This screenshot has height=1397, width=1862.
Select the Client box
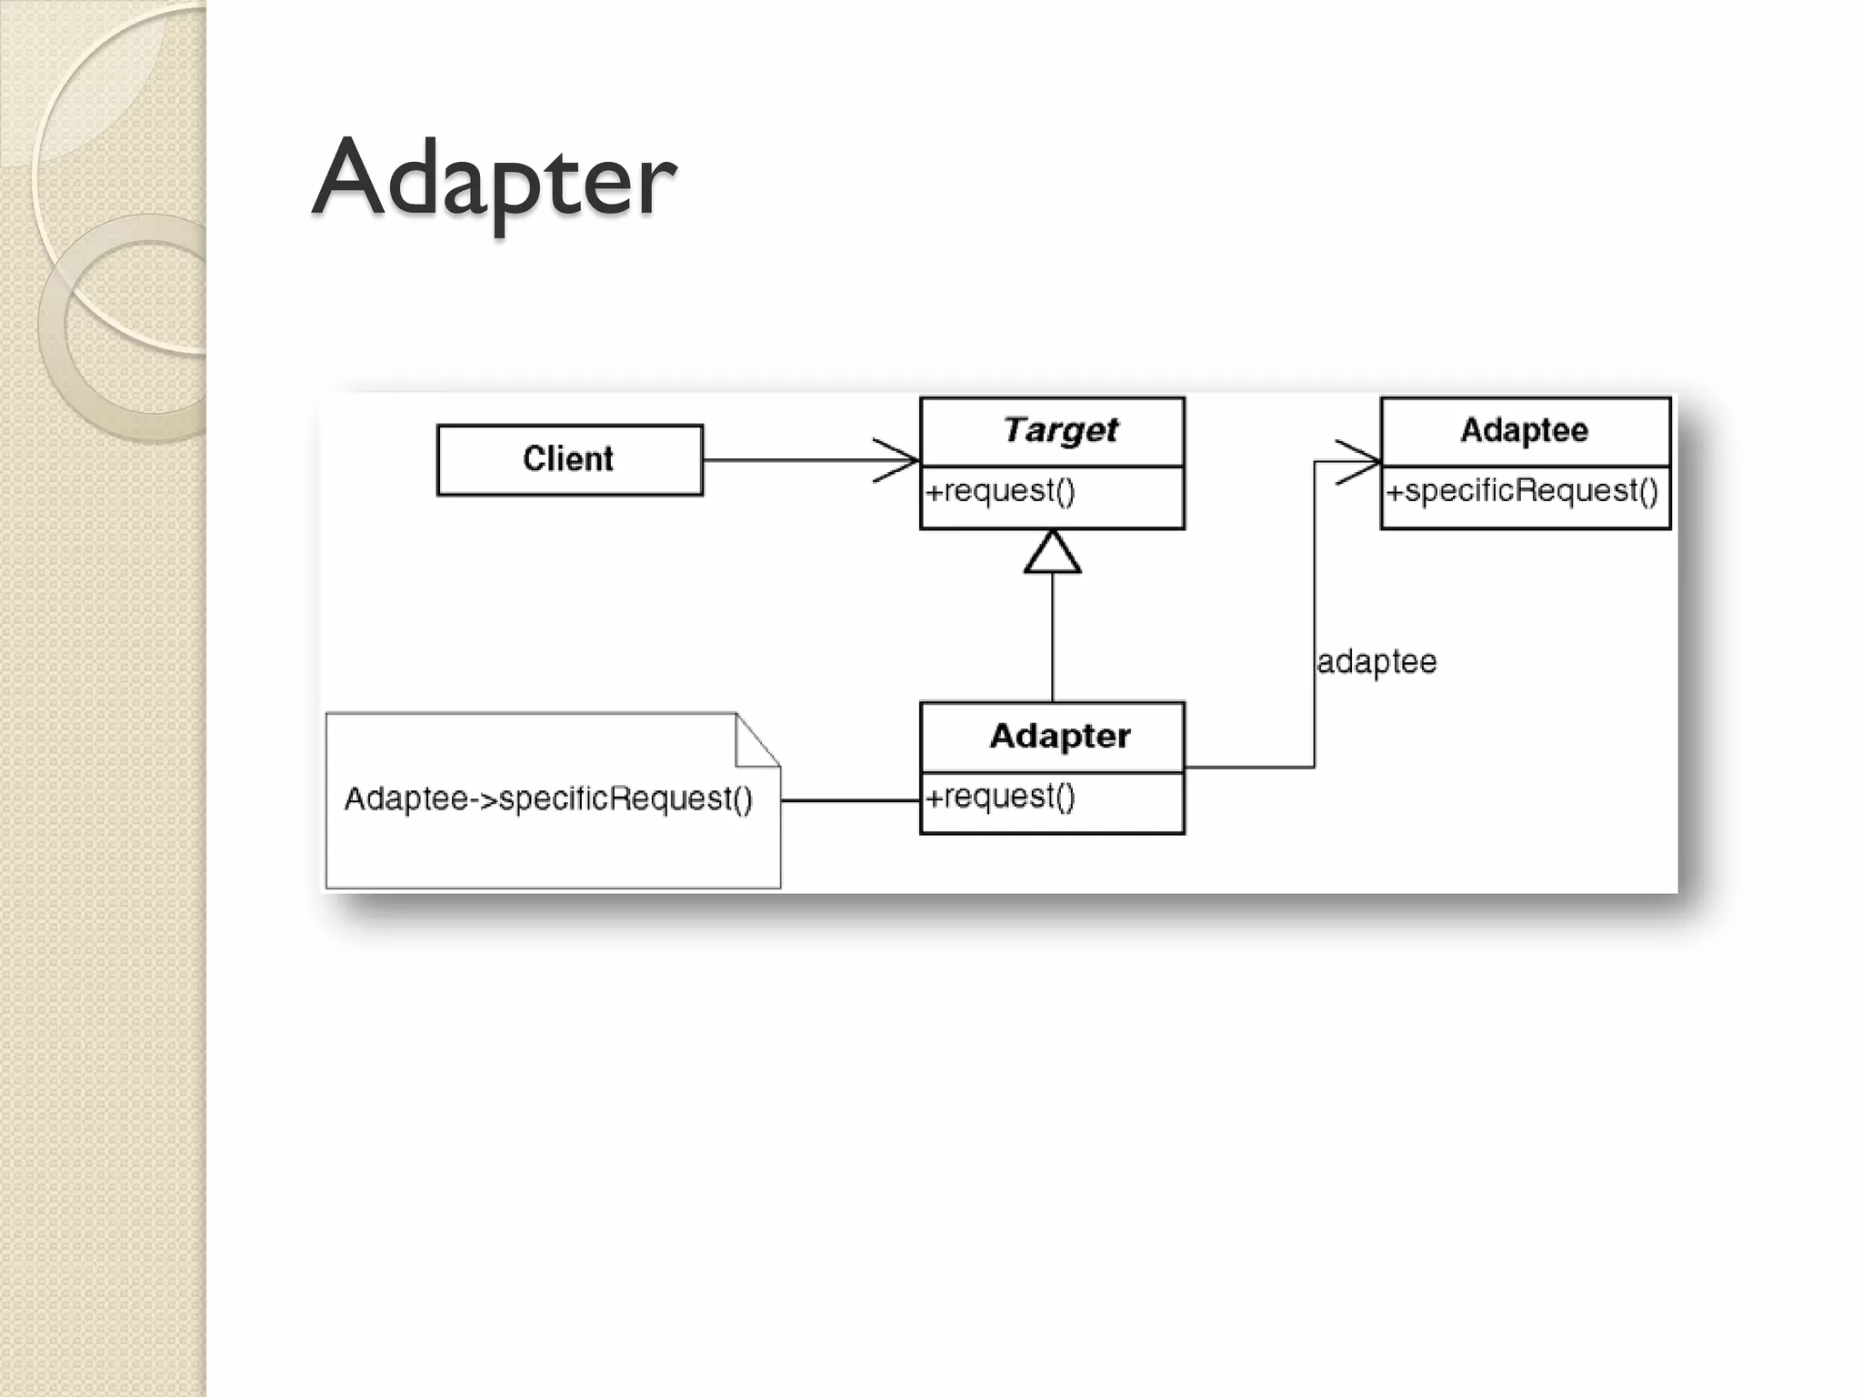click(x=569, y=459)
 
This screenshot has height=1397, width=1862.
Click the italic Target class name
click(x=1060, y=430)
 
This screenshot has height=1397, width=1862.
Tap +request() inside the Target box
click(x=1000, y=491)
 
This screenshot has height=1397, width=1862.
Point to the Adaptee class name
click(x=1525, y=430)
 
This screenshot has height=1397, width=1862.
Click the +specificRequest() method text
click(x=1522, y=491)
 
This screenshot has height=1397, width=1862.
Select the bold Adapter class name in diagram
click(x=1060, y=736)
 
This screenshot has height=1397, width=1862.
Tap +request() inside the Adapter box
click(x=1000, y=797)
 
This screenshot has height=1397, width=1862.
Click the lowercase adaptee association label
click(x=1376, y=661)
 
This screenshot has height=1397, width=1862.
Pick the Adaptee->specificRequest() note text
click(x=548, y=799)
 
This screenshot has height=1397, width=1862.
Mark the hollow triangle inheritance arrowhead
click(x=1053, y=553)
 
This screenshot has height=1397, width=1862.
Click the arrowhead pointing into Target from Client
click(x=900, y=460)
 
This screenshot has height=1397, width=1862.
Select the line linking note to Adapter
click(x=850, y=800)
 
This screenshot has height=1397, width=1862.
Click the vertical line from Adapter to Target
click(x=1053, y=637)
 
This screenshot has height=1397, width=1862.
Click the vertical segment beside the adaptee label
click(x=1315, y=591)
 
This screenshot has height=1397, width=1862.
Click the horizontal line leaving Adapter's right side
click(x=1250, y=767)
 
